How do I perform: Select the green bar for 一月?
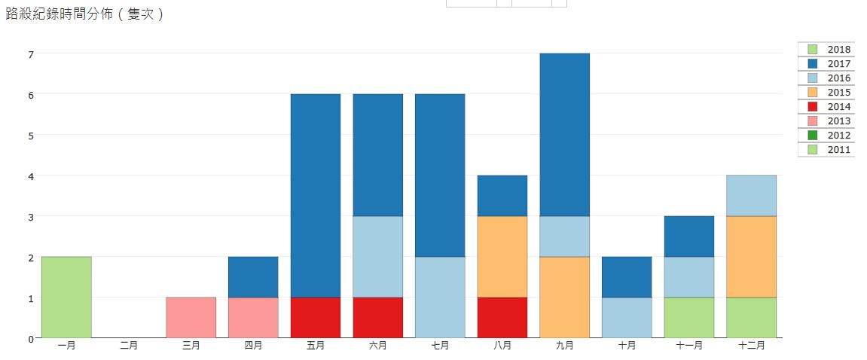coord(66,297)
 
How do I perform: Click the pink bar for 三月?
coord(191,317)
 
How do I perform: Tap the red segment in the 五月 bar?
coord(316,317)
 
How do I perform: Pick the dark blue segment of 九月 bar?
coord(565,135)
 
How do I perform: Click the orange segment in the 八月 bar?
coord(502,256)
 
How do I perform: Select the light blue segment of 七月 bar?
coord(440,297)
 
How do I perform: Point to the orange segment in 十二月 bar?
coord(751,256)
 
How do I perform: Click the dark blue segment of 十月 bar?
coord(627,276)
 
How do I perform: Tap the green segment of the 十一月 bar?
coord(689,317)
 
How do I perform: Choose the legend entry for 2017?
coord(826,64)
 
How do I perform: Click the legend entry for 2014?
coord(826,107)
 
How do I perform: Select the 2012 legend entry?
coord(826,136)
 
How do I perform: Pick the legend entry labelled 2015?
coord(826,93)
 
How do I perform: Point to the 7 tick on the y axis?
coord(31,54)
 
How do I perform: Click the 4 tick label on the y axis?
coord(31,176)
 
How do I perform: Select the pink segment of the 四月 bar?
coord(253,317)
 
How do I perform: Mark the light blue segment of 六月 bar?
coord(378,256)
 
